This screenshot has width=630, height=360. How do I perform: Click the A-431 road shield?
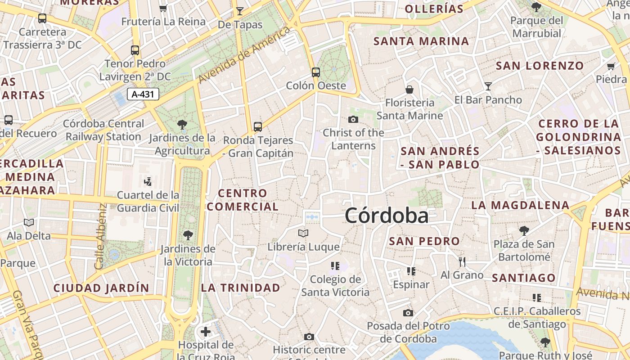143,94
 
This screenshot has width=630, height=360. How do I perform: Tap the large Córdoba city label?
387,216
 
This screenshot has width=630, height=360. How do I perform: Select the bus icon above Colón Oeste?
316,72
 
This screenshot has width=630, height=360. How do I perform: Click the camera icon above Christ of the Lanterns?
353,119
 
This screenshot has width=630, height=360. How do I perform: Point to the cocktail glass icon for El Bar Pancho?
488,86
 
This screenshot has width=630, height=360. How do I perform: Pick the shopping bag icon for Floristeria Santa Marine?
409,90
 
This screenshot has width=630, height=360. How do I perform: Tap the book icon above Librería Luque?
303,233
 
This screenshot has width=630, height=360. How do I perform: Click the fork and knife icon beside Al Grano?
462,261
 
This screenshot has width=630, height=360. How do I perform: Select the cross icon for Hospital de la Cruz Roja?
206,332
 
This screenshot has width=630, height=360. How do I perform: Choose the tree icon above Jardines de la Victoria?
188,235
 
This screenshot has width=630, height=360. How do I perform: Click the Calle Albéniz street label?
101,236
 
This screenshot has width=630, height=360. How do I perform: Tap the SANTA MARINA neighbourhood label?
421,41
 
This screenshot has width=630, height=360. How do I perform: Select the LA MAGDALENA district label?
520,206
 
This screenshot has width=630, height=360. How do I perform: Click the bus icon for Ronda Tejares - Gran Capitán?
258,127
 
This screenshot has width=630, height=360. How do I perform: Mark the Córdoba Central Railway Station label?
104,130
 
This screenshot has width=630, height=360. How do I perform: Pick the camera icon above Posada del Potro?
408,313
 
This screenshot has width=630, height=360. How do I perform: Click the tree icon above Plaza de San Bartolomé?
524,231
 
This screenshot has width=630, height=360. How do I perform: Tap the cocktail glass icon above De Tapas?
240,11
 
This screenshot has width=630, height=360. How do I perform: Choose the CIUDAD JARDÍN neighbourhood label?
101,288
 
